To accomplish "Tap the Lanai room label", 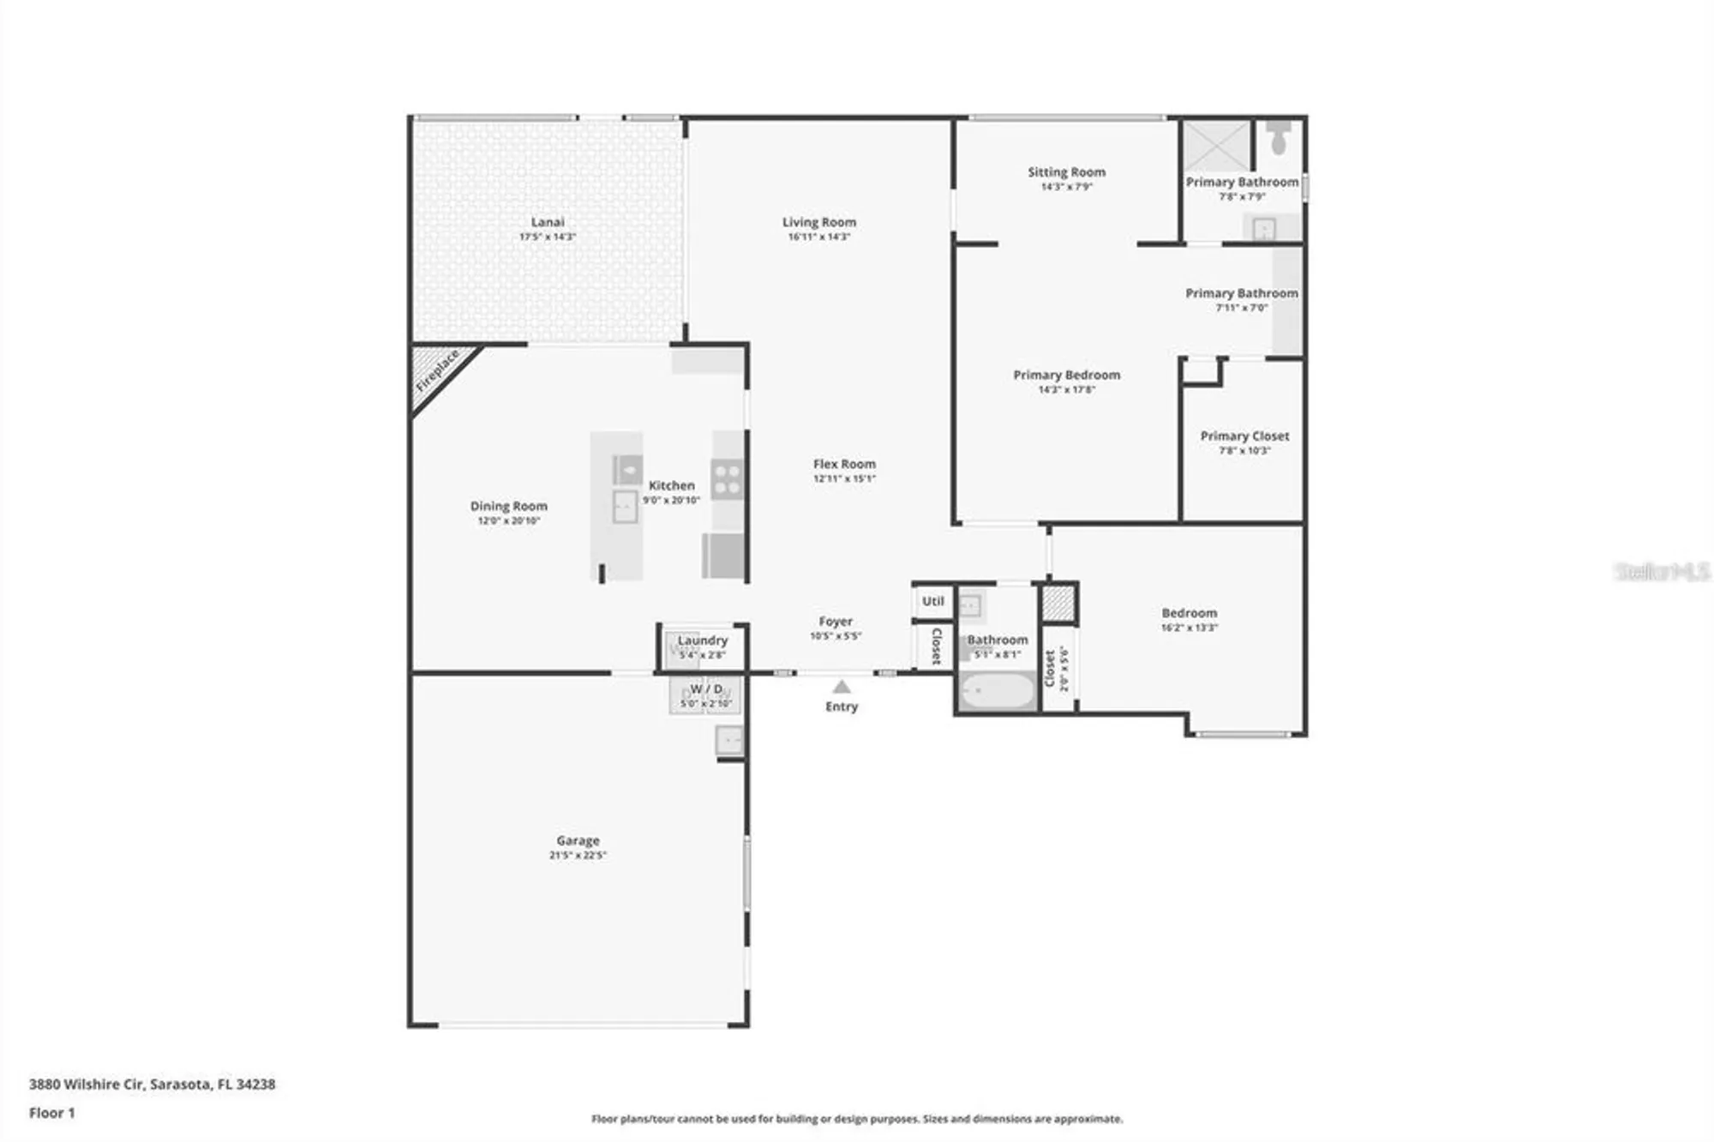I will [548, 222].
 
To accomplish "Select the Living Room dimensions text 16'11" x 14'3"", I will [818, 237].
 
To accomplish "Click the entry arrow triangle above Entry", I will [842, 687].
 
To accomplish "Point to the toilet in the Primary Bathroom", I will [1279, 138].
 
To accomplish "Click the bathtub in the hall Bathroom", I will [998, 690].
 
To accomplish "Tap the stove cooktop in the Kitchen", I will [727, 479].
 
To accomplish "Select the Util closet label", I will [932, 601].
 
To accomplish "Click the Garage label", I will [578, 840].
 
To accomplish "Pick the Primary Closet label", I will [1244, 436].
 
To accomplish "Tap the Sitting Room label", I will [1066, 171].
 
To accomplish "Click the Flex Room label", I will [844, 464].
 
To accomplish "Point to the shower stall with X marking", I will [1217, 146].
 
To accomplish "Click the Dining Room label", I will [508, 506].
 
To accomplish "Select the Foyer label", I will [836, 622].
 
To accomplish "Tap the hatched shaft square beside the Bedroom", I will [1058, 603].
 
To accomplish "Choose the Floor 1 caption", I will [51, 1113].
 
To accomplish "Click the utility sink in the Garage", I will [729, 740].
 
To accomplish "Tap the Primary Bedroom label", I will [1066, 375].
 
